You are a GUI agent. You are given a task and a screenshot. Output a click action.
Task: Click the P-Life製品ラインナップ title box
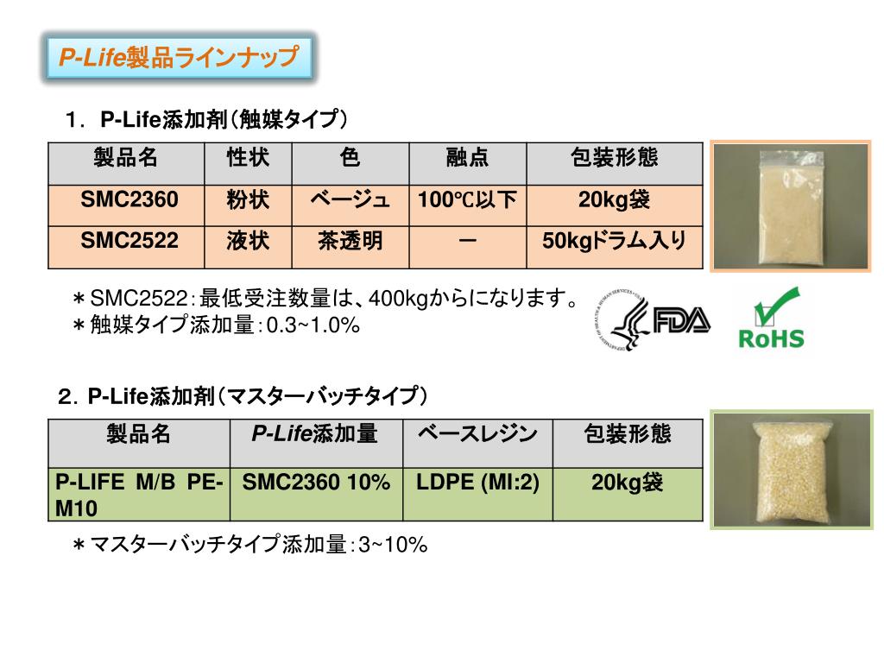178,58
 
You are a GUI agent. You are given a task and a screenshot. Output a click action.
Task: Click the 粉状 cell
248,201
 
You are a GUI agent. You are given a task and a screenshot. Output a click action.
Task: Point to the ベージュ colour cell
350,201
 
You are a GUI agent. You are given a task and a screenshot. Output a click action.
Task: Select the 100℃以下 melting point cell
467,201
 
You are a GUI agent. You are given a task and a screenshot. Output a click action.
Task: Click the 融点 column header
467,158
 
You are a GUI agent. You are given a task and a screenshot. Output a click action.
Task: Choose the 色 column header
350,158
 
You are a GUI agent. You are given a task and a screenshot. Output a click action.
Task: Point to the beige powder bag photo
790,205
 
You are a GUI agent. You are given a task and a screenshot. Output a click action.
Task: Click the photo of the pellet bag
790,470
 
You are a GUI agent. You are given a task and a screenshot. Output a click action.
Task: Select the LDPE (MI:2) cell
477,483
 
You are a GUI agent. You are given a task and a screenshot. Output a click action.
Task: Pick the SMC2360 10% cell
316,483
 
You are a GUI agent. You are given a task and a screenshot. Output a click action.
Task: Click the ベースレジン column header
477,434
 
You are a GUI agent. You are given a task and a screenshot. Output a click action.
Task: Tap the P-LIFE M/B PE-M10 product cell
139,495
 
